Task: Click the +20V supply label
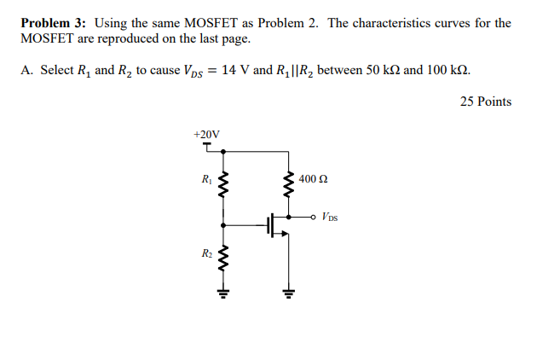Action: coord(206,135)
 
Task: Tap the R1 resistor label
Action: coord(206,180)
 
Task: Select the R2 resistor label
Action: coord(206,253)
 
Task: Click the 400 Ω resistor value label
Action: coord(314,180)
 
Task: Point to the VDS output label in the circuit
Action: coord(331,218)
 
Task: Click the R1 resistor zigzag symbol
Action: coord(223,183)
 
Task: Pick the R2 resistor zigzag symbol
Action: coord(223,257)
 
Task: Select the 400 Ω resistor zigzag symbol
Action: coord(288,183)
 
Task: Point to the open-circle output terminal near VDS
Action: coord(314,217)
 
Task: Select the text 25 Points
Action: coord(485,102)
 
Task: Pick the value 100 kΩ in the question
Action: coord(446,70)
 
